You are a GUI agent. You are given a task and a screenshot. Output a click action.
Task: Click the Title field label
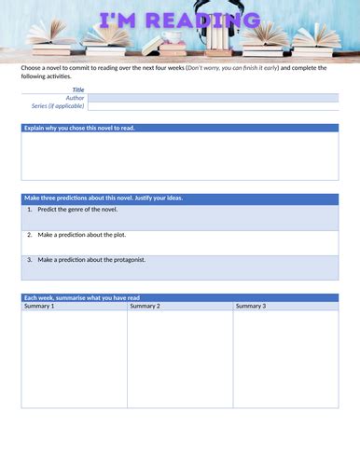click(78, 89)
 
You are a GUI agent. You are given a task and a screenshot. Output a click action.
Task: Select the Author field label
click(75, 98)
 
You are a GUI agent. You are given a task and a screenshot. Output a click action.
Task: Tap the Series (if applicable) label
click(58, 106)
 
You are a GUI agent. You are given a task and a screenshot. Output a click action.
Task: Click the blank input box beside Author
click(213, 98)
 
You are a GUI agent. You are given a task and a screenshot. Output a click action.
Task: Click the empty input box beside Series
click(213, 106)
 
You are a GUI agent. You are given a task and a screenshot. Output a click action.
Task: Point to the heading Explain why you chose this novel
click(79, 128)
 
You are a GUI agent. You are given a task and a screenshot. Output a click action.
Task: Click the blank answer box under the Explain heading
click(180, 156)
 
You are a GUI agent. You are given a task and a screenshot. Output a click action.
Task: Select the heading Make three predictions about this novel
click(103, 198)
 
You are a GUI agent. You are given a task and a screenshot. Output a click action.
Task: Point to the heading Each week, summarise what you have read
click(82, 298)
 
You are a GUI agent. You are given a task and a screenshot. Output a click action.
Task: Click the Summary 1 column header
click(39, 306)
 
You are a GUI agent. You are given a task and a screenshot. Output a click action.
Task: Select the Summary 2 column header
click(145, 306)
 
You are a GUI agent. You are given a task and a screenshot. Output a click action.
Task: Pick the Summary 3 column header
click(250, 306)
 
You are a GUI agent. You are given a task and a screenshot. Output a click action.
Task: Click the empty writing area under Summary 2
click(179, 359)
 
